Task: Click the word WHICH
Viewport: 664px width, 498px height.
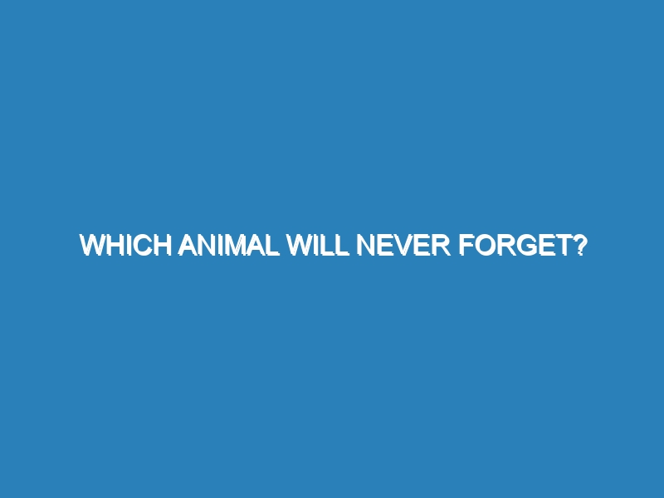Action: coord(124,246)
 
